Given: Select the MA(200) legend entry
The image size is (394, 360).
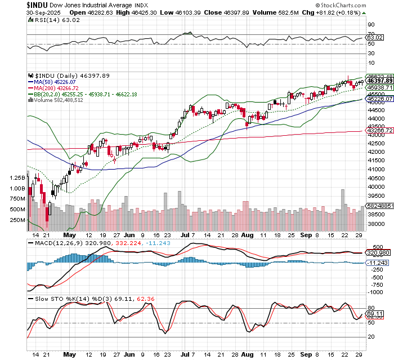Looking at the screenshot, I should click(50, 88).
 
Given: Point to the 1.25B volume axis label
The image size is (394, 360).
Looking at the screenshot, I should click(17, 177).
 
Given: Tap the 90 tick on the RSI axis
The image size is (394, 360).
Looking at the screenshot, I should click(371, 24).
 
